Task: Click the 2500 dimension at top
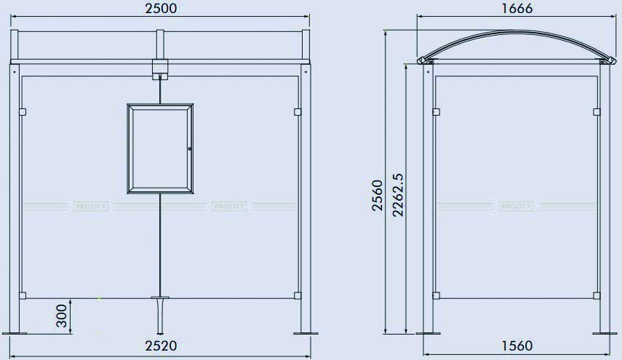click(x=161, y=8)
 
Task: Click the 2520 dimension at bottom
click(x=161, y=345)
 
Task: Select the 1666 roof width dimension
click(x=517, y=8)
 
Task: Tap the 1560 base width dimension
click(x=517, y=345)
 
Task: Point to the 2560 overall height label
click(x=377, y=195)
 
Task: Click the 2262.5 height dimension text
click(x=396, y=195)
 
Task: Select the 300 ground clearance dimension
click(x=62, y=316)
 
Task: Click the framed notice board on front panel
click(x=161, y=149)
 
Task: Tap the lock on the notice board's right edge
click(x=189, y=150)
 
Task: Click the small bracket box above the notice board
click(x=160, y=69)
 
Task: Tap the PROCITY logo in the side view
click(x=517, y=207)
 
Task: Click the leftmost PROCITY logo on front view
click(x=91, y=207)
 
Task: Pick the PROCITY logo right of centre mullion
click(x=229, y=207)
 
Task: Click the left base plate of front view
click(x=15, y=333)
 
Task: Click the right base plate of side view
click(x=605, y=334)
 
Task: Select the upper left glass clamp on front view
click(x=23, y=111)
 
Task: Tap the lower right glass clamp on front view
click(x=297, y=295)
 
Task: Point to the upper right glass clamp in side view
click(x=597, y=111)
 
